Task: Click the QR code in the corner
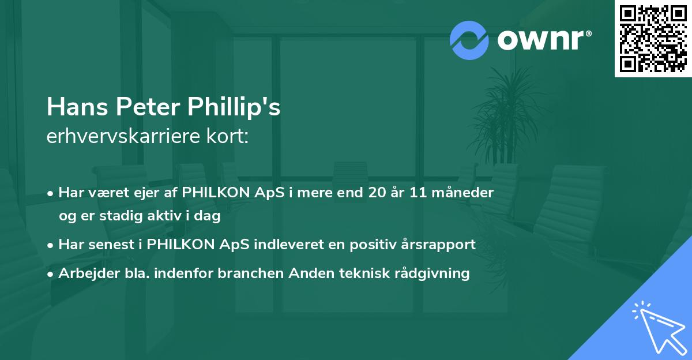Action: [x=653, y=38]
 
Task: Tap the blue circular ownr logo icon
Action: [x=469, y=40]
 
